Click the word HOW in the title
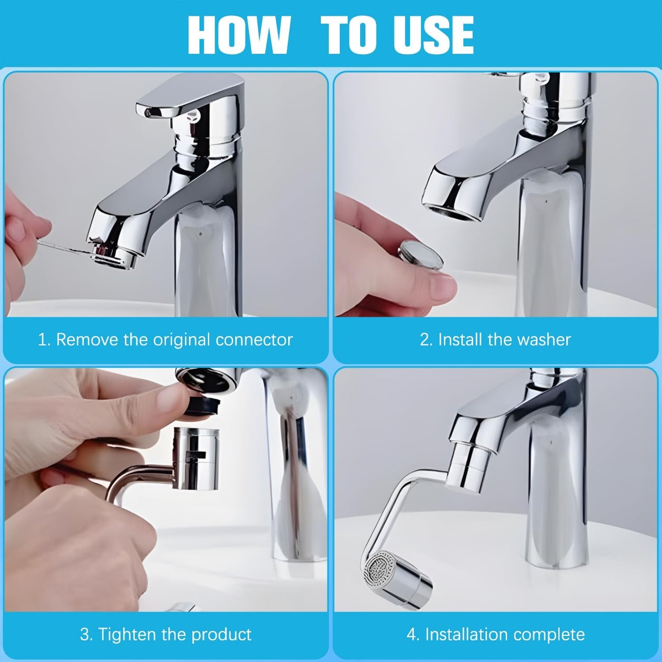(x=239, y=35)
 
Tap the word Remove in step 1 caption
(x=87, y=339)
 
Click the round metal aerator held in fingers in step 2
(x=420, y=255)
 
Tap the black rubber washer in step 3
(x=204, y=405)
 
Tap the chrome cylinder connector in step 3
(x=196, y=458)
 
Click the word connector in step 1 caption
(x=254, y=339)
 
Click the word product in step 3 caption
(x=221, y=635)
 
